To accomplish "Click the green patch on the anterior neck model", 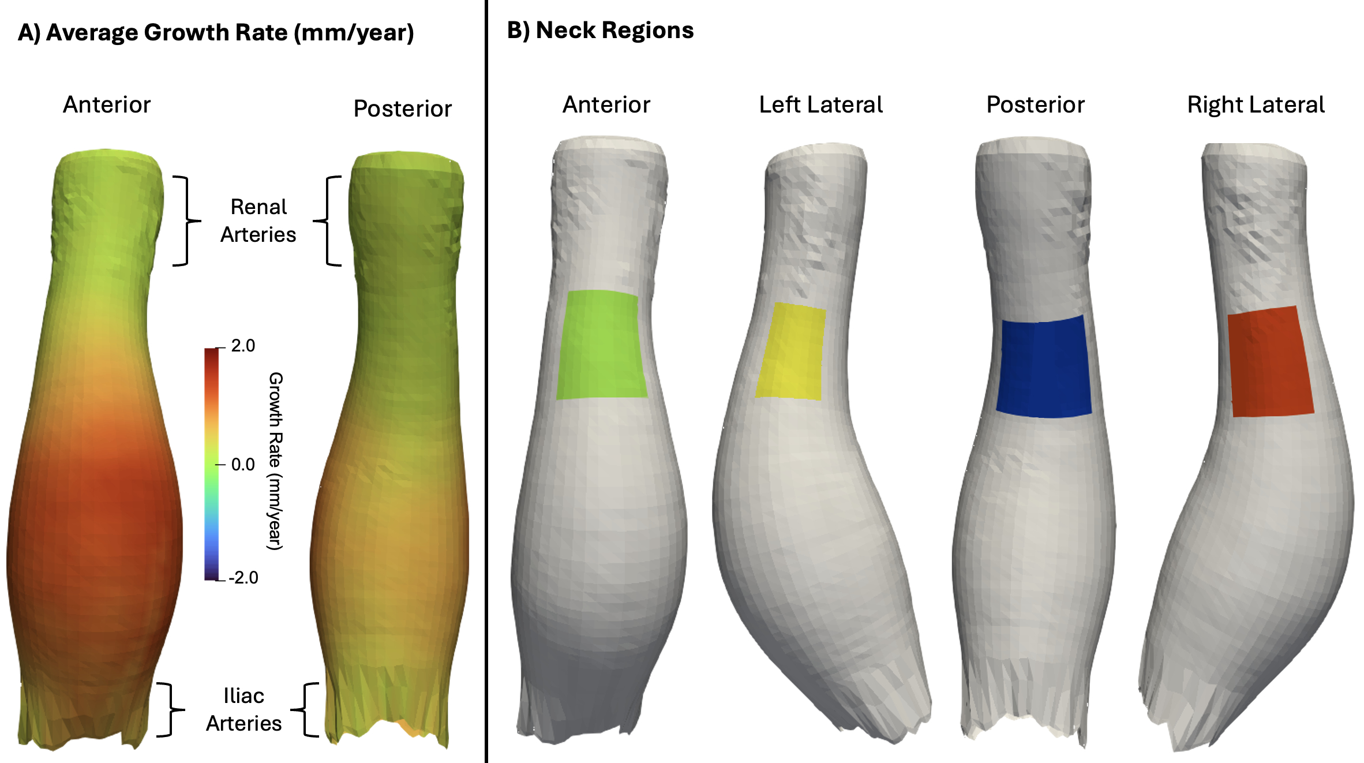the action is [x=601, y=345].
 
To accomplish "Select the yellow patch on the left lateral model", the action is [x=790, y=351].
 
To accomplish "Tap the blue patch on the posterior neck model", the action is [x=1044, y=366].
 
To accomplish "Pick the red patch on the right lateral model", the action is [x=1271, y=362].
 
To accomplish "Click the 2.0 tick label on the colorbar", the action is [x=243, y=346].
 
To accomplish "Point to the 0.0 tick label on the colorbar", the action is [x=243, y=465].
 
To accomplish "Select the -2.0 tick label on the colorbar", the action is [x=243, y=578].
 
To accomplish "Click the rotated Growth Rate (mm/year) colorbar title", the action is [x=275, y=461].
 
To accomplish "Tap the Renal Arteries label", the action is [x=258, y=220].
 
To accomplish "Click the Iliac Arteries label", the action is [x=244, y=709].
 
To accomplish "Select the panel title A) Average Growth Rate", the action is [x=216, y=33].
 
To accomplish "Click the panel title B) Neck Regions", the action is [x=600, y=31].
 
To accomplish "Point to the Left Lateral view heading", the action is [x=821, y=104].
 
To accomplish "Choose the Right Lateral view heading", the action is [x=1256, y=105].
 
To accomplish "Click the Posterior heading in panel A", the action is [x=403, y=109].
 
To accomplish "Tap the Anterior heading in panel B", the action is [x=606, y=104].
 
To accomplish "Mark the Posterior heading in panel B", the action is [x=1036, y=104].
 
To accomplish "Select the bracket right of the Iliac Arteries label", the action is [x=304, y=709].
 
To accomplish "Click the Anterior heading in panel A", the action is [x=107, y=104].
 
